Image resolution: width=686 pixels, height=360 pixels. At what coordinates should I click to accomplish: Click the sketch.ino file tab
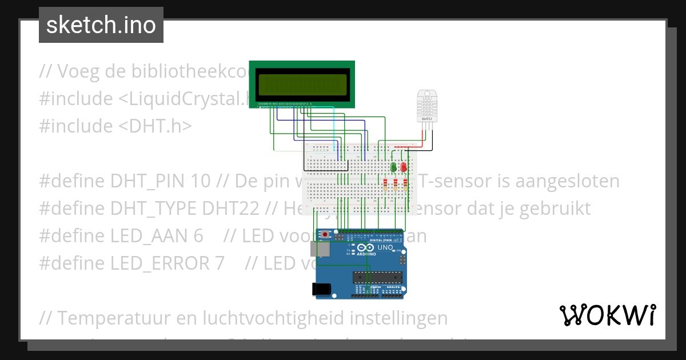(x=101, y=25)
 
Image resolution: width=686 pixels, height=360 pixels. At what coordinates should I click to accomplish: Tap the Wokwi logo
(x=608, y=315)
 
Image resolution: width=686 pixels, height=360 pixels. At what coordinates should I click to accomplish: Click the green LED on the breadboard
(x=394, y=167)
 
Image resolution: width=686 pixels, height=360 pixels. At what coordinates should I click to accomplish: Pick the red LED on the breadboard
(x=404, y=167)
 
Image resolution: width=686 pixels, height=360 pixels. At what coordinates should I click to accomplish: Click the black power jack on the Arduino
(x=321, y=289)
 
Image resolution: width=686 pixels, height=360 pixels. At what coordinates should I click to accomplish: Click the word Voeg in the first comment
(x=81, y=73)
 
